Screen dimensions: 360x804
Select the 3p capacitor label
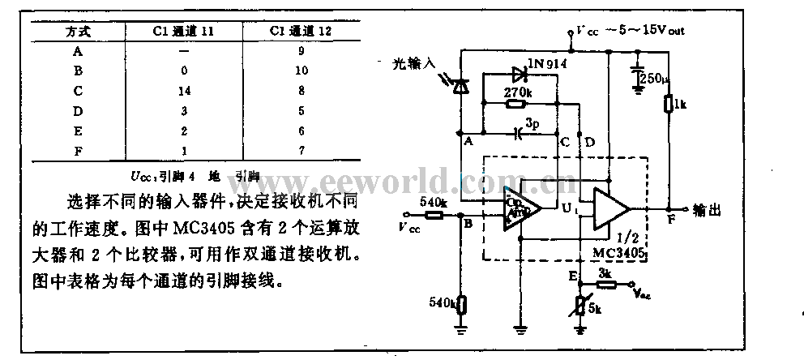click(x=532, y=124)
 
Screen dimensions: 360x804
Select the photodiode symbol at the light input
click(x=460, y=85)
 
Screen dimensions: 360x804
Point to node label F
click(x=669, y=219)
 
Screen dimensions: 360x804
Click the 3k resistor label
click(x=605, y=273)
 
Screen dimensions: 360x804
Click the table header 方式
click(x=78, y=32)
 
